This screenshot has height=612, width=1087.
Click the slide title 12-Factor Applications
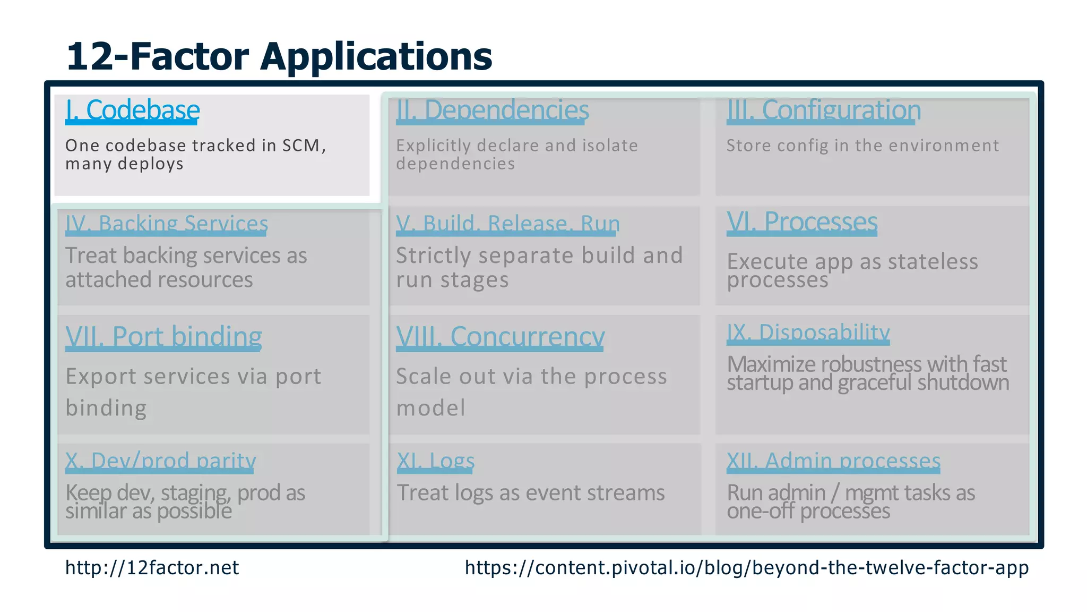point(279,56)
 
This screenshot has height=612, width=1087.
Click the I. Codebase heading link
point(132,110)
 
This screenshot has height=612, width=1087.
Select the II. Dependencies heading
point(492,110)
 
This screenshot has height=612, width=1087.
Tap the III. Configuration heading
point(823,110)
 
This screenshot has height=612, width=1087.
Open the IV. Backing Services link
point(166,224)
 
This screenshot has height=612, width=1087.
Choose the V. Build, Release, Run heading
point(507,224)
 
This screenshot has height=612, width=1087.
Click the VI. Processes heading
point(801,222)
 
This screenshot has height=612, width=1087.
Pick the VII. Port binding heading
point(163,337)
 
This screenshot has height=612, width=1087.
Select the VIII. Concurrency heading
point(500,337)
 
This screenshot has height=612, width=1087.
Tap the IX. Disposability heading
point(808,333)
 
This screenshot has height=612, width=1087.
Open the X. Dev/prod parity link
point(160,461)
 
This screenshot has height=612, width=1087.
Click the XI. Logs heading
point(435,461)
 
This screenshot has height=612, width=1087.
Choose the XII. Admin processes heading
point(833,461)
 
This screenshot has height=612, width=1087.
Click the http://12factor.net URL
point(152,568)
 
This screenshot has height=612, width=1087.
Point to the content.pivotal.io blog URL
point(746,568)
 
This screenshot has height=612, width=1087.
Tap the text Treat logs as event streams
point(530,493)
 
